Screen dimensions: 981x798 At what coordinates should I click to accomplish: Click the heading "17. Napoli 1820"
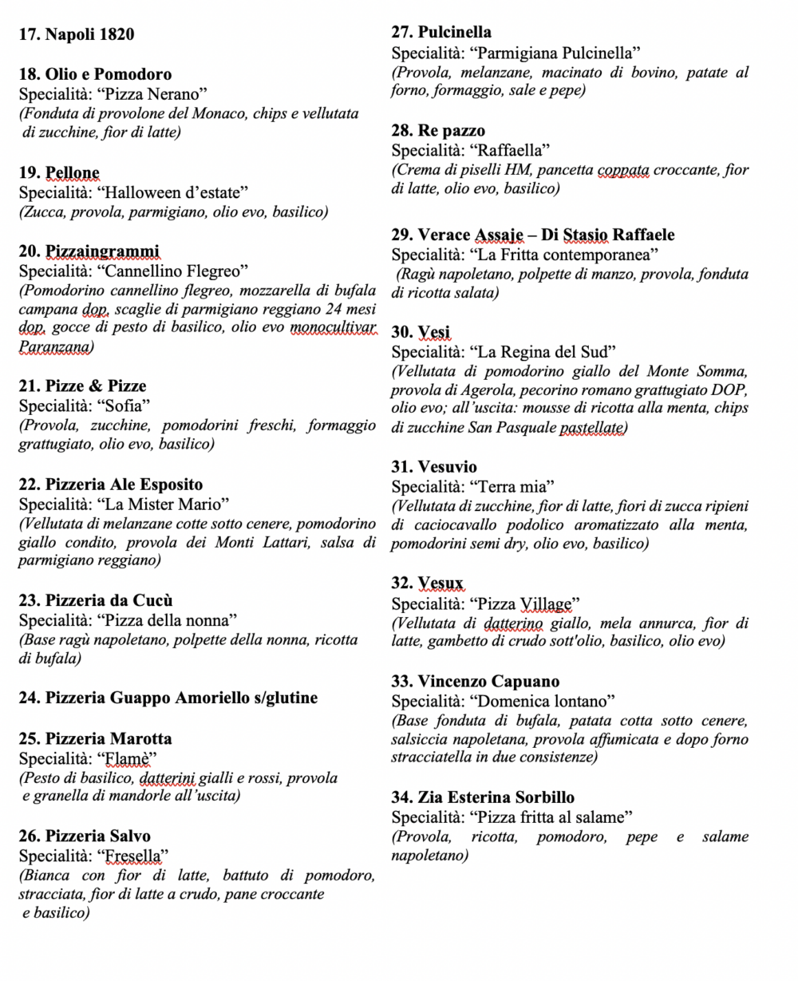click(x=77, y=34)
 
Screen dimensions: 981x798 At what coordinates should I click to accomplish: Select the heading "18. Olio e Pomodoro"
click(x=96, y=75)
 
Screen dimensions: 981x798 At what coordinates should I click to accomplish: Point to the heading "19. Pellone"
click(x=59, y=172)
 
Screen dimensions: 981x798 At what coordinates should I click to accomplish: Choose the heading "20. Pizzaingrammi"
click(x=89, y=251)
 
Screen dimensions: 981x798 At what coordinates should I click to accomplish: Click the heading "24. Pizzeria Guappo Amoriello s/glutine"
click(x=168, y=698)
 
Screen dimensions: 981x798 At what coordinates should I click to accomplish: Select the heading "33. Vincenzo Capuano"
click(x=476, y=682)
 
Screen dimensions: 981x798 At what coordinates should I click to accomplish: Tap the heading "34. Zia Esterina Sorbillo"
click(x=483, y=797)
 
